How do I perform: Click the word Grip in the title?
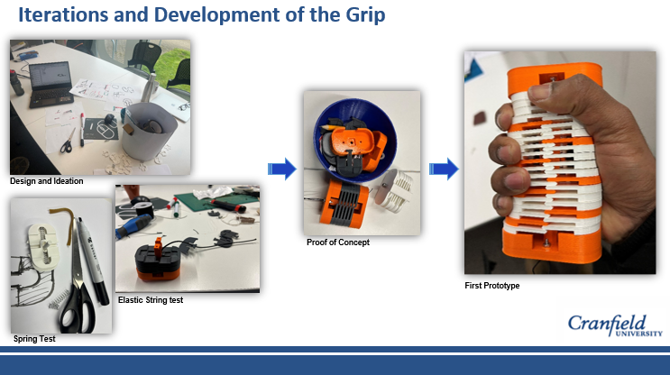click(365, 15)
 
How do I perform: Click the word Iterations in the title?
click(63, 14)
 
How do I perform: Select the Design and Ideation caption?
click(47, 181)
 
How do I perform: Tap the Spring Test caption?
click(34, 339)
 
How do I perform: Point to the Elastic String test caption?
click(151, 300)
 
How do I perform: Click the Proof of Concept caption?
click(338, 242)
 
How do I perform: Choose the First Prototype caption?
click(492, 286)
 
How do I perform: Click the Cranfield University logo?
click(615, 326)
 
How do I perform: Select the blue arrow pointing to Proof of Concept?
click(282, 169)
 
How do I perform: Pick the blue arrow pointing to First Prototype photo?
click(444, 169)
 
